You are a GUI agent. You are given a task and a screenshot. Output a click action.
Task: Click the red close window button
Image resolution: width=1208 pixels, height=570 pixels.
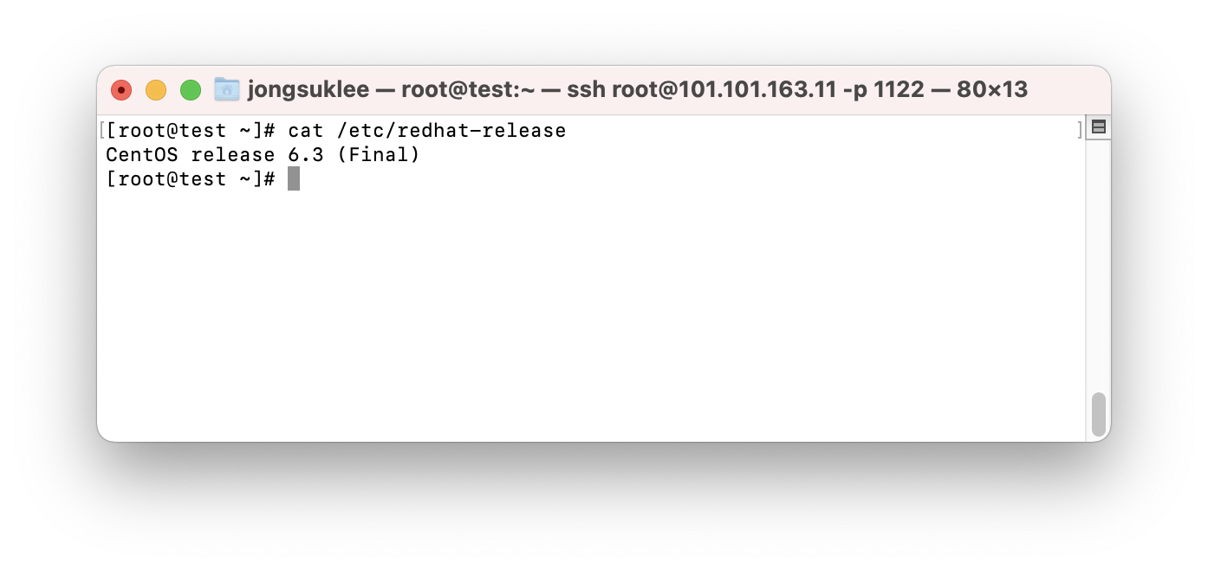[121, 90]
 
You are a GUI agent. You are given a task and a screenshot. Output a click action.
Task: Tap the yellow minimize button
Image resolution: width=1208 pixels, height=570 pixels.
[156, 90]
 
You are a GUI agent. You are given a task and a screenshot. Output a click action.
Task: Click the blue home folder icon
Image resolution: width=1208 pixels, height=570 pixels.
[227, 89]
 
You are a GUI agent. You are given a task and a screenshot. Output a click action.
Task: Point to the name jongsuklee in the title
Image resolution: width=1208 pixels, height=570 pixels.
[308, 89]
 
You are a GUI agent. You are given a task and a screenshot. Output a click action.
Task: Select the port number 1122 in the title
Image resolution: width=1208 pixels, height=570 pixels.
[899, 89]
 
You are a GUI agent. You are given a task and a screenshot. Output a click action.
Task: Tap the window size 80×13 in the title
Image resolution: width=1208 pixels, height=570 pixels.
[992, 89]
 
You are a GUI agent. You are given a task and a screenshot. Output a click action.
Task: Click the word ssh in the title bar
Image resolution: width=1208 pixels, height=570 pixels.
[587, 89]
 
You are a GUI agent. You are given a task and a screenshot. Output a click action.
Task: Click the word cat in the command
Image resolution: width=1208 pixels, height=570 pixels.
[305, 131]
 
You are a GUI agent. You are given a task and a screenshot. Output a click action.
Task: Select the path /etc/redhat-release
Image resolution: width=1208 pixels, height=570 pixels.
[451, 131]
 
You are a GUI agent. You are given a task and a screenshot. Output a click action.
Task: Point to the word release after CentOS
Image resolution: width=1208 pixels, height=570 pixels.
[227, 155]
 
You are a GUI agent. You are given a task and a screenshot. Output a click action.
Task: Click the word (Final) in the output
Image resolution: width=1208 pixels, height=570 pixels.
[378, 155]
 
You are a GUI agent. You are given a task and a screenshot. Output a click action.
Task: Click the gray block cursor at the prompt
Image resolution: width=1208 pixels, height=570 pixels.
[294, 179]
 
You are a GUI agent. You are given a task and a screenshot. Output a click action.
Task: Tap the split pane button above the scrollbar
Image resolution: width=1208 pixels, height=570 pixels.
[1098, 127]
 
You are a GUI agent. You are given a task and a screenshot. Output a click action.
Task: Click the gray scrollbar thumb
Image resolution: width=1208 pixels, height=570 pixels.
[1098, 414]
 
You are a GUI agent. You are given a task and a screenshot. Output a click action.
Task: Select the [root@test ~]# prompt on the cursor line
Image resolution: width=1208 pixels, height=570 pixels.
[191, 179]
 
